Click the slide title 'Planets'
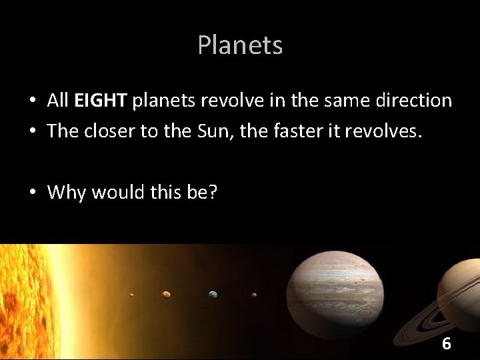tap(240, 45)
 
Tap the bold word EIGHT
tap(101, 101)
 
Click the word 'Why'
tap(67, 192)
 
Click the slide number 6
tap(446, 344)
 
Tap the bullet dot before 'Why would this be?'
tap(31, 193)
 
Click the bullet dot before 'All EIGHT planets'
tap(31, 101)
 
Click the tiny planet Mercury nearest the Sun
tap(132, 295)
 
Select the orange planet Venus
tap(166, 294)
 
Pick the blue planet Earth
tap(213, 294)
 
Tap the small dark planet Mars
tap(254, 295)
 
